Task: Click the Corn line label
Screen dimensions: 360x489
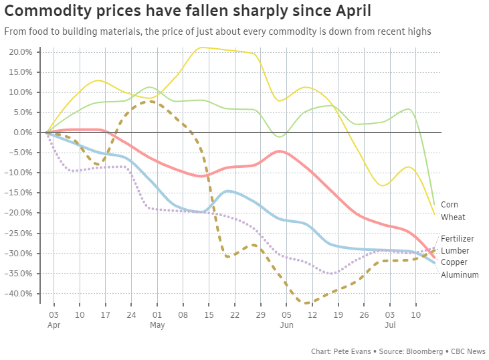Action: pos(450,205)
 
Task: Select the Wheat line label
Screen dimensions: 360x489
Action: pos(453,217)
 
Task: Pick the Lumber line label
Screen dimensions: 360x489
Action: pos(455,250)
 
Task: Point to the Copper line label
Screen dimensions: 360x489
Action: pos(454,262)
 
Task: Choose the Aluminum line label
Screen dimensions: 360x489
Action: pos(460,274)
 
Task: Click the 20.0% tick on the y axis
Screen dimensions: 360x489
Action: pos(20,52)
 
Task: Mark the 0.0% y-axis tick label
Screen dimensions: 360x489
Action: pos(22,132)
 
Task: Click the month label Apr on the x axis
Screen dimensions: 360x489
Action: pos(54,325)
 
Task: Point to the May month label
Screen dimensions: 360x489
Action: pos(157,325)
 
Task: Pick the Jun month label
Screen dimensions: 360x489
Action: pos(286,325)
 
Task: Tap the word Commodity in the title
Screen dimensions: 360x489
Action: pos(48,11)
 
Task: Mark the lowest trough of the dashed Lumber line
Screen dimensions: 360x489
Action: pos(307,303)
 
